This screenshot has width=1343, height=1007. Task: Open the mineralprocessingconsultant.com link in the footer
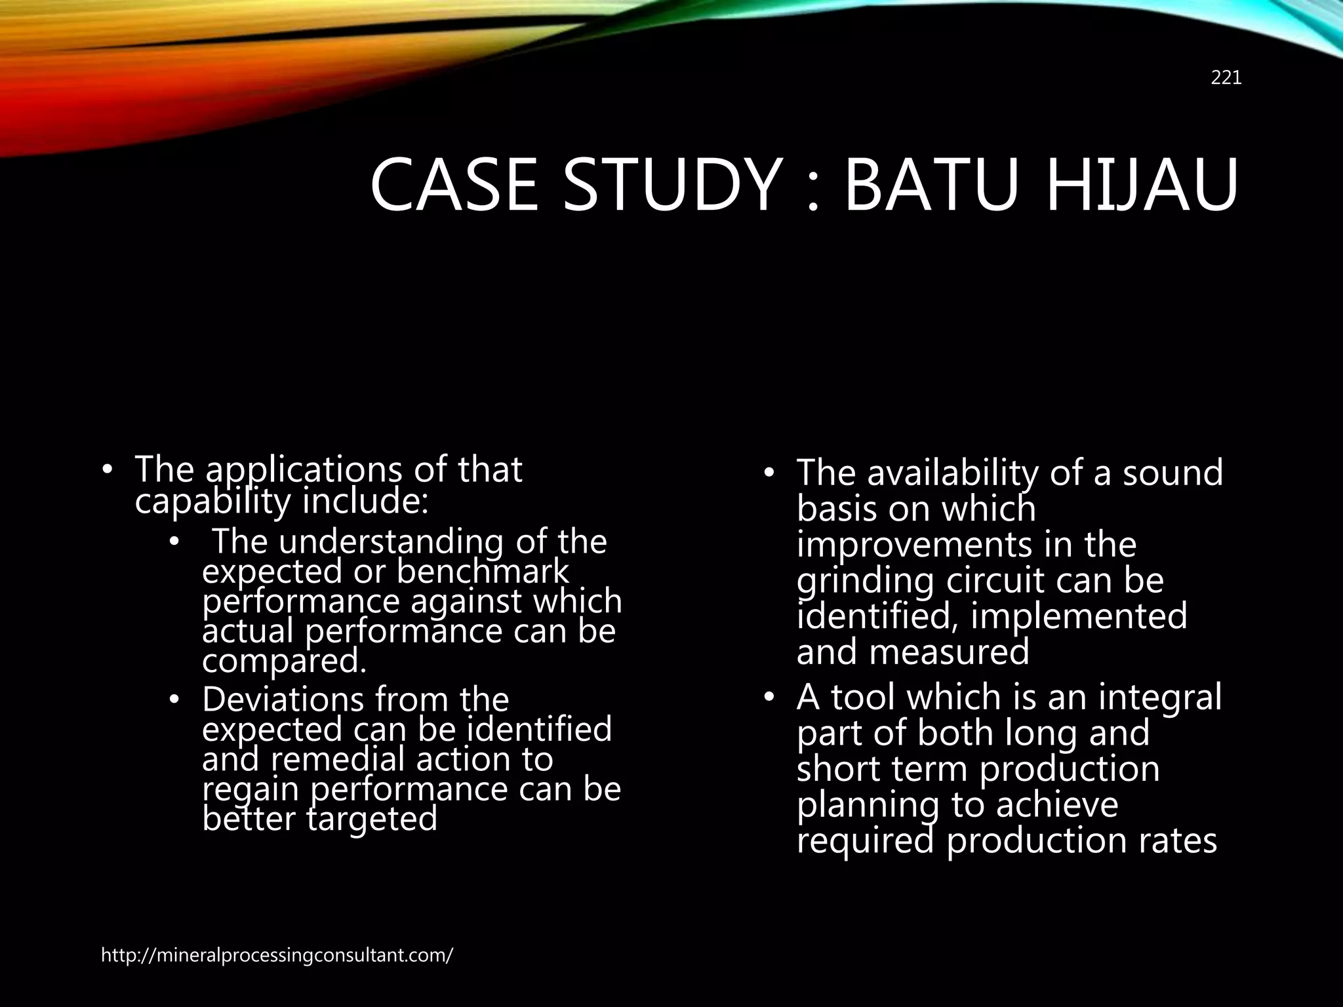[277, 955]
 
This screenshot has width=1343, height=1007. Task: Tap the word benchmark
[483, 572]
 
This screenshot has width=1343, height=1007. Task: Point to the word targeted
[372, 819]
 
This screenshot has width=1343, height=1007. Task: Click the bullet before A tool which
[769, 697]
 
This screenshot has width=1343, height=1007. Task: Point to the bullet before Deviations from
[173, 700]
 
